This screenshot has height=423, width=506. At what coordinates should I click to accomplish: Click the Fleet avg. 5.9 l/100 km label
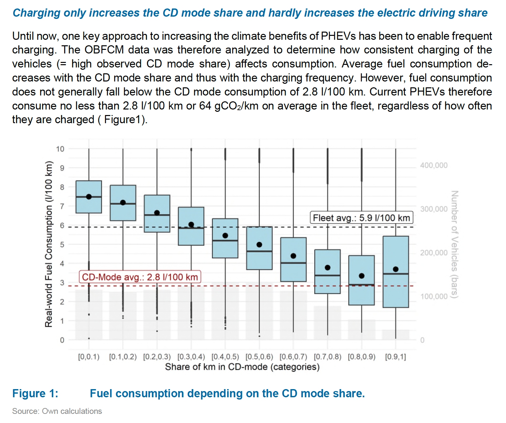pyautogui.click(x=361, y=218)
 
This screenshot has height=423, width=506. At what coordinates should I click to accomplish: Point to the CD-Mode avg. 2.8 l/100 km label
pyautogui.click(x=140, y=277)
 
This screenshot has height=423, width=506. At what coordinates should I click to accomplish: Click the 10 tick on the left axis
pyautogui.click(x=60, y=149)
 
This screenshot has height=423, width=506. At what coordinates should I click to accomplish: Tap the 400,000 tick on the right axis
pyautogui.click(x=434, y=165)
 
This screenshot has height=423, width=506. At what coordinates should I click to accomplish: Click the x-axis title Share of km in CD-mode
pyautogui.click(x=242, y=367)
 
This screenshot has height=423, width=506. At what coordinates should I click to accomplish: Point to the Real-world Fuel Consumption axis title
pyautogui.click(x=49, y=244)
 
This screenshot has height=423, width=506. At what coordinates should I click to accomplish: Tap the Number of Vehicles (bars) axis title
pyautogui.click(x=454, y=244)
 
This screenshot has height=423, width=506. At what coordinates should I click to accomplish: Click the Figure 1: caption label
pyautogui.click(x=35, y=393)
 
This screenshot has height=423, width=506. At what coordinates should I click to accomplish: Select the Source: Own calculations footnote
pyautogui.click(x=57, y=411)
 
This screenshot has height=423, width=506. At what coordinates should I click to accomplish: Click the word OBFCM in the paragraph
pyautogui.click(x=104, y=50)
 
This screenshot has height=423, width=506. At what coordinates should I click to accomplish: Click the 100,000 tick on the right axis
pyautogui.click(x=434, y=296)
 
